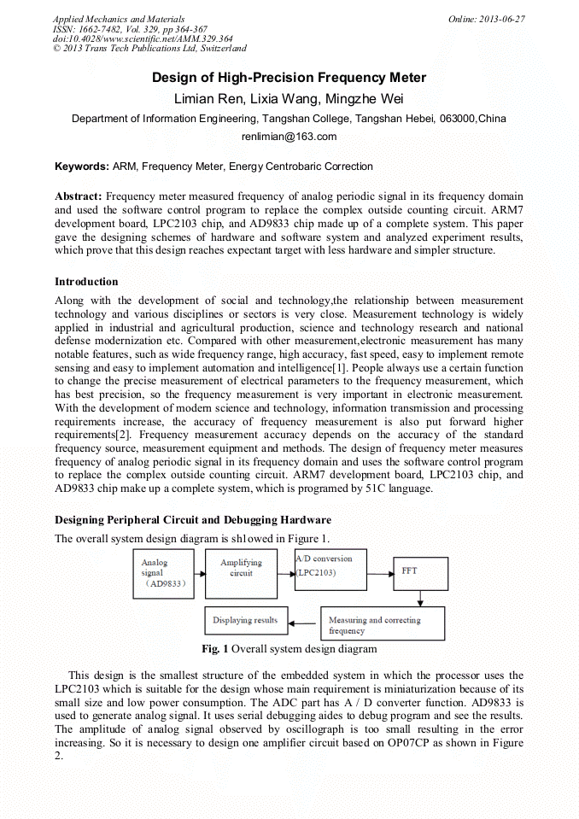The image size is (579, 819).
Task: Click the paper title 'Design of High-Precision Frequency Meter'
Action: (x=289, y=78)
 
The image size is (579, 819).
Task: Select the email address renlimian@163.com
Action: (x=289, y=137)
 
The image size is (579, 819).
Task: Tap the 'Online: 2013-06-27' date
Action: (x=487, y=19)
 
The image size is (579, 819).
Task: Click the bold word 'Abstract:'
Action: (x=79, y=196)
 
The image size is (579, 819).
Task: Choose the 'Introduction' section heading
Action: (x=86, y=282)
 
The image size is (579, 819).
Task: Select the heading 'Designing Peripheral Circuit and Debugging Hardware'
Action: (x=193, y=520)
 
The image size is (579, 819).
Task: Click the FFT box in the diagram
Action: (x=420, y=571)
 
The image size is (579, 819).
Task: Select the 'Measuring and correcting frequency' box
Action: (x=382, y=624)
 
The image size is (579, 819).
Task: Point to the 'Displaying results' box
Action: (x=246, y=620)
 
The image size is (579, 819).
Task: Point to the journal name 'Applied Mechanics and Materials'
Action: (x=119, y=19)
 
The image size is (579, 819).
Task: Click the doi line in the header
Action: (x=143, y=39)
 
